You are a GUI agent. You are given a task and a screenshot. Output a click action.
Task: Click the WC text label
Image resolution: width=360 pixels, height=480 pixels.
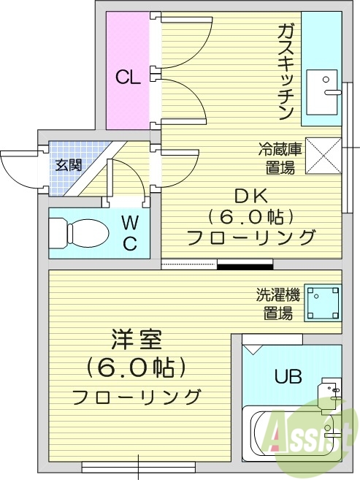click(x=129, y=233)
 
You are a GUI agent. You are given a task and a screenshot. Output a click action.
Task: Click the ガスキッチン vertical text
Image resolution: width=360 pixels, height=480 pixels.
click(x=285, y=72)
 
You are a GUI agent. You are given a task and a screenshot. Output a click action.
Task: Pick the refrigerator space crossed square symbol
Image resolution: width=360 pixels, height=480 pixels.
click(x=323, y=156)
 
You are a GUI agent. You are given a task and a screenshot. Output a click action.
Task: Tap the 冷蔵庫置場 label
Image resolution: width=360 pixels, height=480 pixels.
click(x=280, y=158)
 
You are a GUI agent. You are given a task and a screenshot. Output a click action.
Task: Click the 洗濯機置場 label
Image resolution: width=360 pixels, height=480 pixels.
click(x=277, y=305)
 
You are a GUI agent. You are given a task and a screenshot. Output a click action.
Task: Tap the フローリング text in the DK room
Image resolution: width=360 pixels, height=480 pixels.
click(x=251, y=237)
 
